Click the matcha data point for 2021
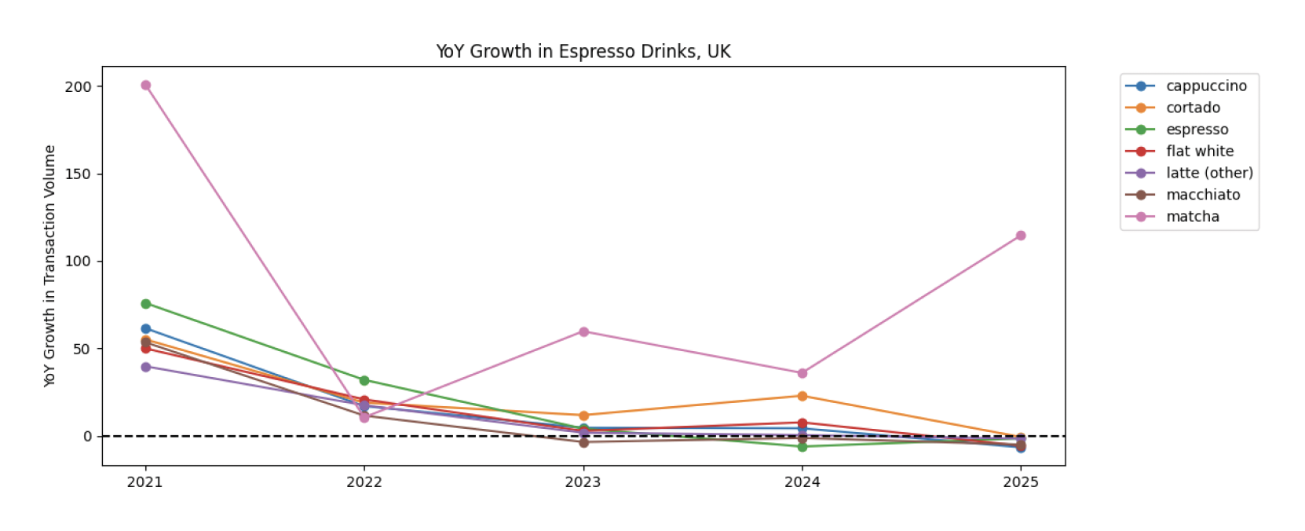click(145, 85)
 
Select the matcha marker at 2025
click(1020, 236)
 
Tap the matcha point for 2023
click(583, 331)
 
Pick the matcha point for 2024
click(802, 373)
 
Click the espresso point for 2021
click(145, 303)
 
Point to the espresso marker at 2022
click(364, 380)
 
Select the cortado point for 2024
click(802, 396)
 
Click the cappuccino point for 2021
click(145, 328)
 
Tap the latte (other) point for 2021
click(145, 367)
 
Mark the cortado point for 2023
click(583, 416)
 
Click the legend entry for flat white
click(1199, 151)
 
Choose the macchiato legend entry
click(1202, 195)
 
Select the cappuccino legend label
click(1205, 86)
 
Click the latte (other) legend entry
click(1208, 173)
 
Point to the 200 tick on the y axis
click(78, 86)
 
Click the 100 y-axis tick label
click(78, 261)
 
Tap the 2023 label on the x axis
click(583, 482)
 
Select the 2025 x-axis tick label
click(1020, 482)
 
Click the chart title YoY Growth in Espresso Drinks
click(583, 52)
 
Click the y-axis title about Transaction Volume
click(49, 265)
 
